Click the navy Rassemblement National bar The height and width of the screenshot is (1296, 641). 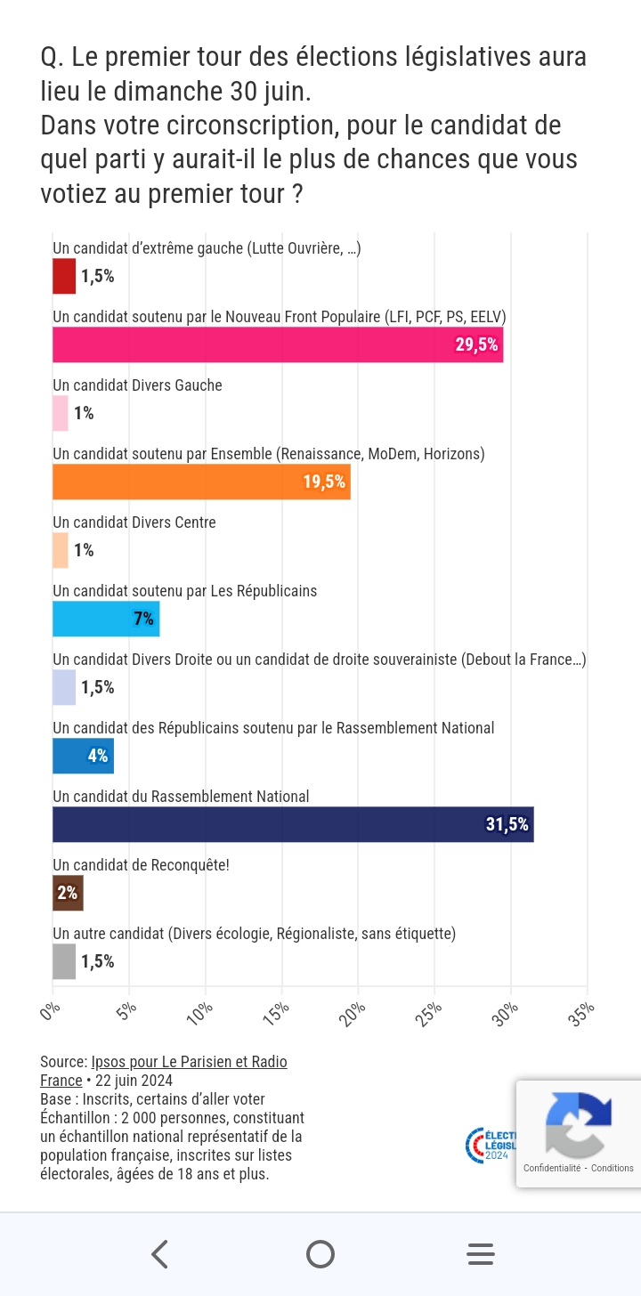[293, 824]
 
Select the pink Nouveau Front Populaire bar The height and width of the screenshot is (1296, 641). [278, 344]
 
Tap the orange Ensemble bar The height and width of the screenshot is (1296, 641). [201, 482]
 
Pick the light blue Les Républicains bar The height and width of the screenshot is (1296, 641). [106, 619]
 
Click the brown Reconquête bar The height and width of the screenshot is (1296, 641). [68, 893]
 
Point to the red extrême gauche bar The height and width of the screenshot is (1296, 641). [64, 276]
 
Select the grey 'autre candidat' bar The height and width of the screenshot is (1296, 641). [64, 961]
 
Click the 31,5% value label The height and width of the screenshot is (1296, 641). [507, 825]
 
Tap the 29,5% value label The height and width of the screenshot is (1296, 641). [476, 345]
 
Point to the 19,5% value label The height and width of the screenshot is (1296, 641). [324, 482]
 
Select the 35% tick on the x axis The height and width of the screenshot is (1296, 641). [583, 1013]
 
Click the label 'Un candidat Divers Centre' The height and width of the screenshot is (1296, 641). [134, 522]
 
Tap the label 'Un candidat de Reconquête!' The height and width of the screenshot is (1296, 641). [141, 864]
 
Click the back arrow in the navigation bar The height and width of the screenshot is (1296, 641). [160, 1254]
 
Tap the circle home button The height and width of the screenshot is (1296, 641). [320, 1254]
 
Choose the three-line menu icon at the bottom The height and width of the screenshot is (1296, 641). [481, 1254]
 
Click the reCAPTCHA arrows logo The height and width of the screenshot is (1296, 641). [578, 1124]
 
